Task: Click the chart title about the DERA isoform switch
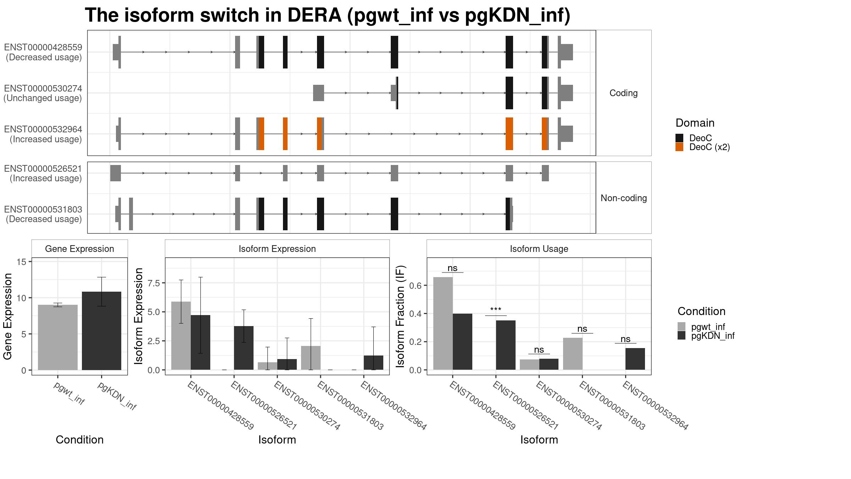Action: [x=327, y=16]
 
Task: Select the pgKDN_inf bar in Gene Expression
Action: [x=101, y=331]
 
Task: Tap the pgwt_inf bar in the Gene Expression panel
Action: [x=58, y=337]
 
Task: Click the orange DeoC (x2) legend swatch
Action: [x=679, y=147]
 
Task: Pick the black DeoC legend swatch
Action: [x=679, y=138]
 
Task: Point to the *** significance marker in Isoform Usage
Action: [x=496, y=310]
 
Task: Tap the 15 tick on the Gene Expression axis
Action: [x=22, y=262]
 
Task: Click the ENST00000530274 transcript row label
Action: [x=43, y=93]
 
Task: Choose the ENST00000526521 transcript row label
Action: [x=43, y=174]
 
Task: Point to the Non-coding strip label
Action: [x=624, y=198]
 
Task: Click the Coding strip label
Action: [x=624, y=93]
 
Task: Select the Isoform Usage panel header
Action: [x=539, y=249]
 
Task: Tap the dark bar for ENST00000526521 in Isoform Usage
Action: [x=506, y=345]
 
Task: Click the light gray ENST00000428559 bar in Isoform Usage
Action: [x=443, y=323]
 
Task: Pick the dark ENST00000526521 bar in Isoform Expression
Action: [x=244, y=348]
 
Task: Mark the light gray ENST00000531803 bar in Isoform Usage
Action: [x=573, y=354]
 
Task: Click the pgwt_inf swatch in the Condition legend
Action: [x=682, y=326]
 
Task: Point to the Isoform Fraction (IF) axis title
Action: [x=401, y=316]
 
